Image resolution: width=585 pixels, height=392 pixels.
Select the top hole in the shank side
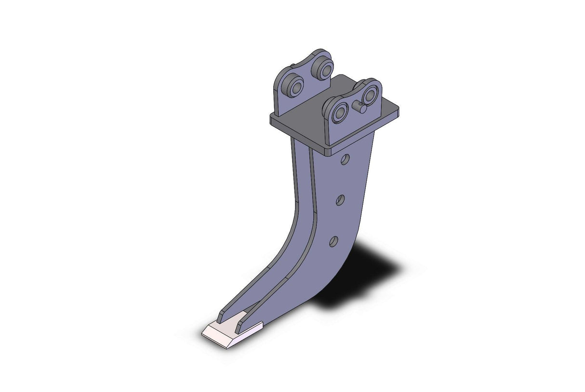tap(345, 159)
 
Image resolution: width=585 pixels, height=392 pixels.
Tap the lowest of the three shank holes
tap(333, 241)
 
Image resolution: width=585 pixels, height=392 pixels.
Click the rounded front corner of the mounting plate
tap(329, 151)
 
